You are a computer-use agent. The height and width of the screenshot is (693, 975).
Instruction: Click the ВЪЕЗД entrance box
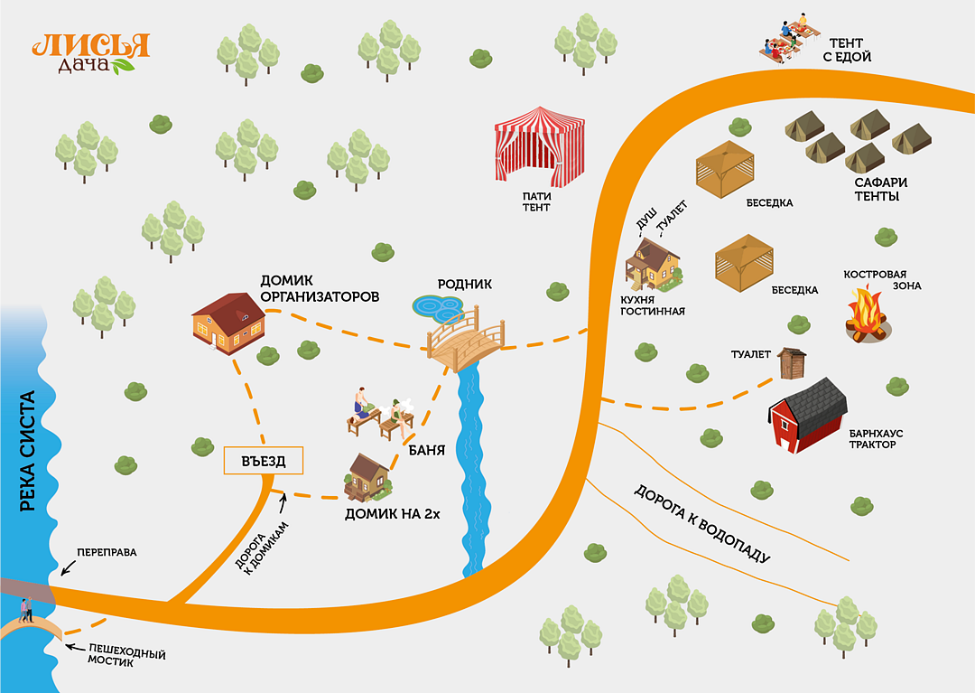[x=263, y=461]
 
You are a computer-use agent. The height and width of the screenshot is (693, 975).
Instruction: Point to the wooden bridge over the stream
[x=466, y=342]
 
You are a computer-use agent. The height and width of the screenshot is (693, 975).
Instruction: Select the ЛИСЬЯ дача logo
[x=90, y=52]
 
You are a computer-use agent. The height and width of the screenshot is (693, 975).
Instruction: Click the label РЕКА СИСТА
[x=27, y=452]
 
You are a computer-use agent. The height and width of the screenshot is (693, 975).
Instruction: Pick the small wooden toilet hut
[x=791, y=363]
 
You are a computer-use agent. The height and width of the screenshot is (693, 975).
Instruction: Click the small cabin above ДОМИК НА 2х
[x=369, y=475]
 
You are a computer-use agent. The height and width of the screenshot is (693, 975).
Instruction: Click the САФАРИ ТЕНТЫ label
[x=881, y=189]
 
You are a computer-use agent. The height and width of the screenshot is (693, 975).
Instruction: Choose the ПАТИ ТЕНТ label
[x=536, y=201]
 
